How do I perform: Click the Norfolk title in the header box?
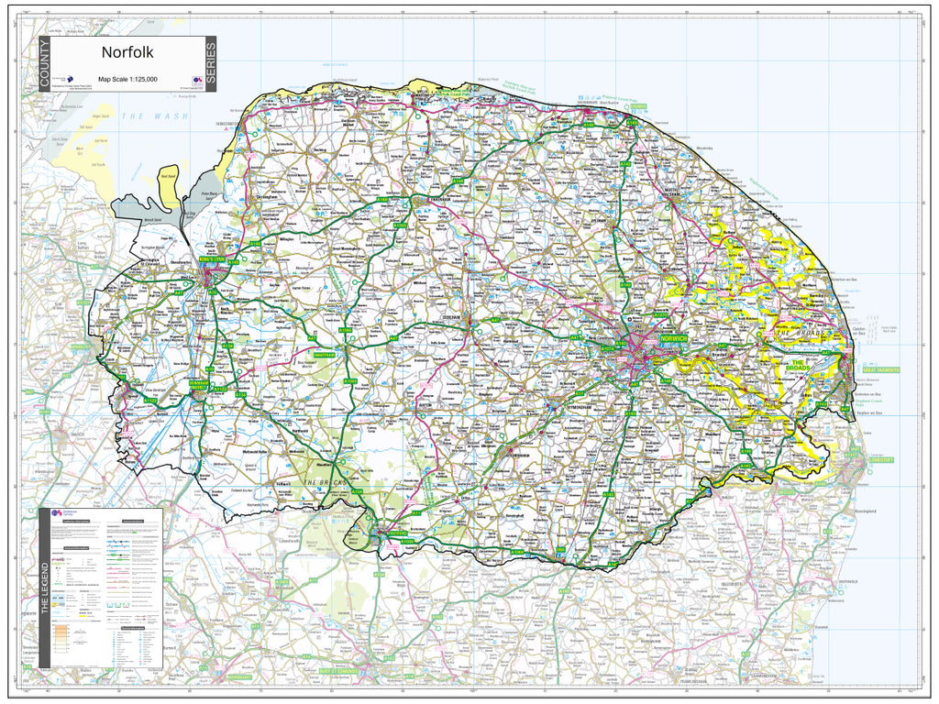127,53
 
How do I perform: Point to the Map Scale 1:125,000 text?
127,80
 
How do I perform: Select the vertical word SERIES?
210,65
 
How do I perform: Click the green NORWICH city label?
671,338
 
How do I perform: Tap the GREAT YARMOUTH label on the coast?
878,370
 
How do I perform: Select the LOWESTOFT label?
880,458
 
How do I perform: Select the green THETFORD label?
396,533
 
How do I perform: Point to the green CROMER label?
638,106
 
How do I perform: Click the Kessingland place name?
867,511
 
